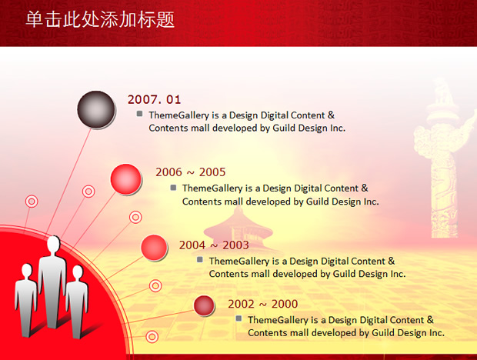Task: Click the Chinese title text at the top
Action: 100,19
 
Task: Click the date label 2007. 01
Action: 154,99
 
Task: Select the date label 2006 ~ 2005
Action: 191,172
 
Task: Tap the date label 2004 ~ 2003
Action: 214,245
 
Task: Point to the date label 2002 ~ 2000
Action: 263,304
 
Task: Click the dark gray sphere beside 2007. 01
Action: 96,109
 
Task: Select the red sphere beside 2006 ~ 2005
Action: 125,179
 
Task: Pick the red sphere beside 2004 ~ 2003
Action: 154,248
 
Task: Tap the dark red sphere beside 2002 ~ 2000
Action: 204,305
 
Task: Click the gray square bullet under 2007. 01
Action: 139,114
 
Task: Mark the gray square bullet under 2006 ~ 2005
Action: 173,187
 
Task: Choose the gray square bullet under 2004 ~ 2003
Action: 200,260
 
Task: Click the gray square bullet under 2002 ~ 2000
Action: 239,318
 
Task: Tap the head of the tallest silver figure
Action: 53,244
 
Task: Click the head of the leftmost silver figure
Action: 27,270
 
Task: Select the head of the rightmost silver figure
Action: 78,272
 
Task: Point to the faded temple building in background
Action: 238,231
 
